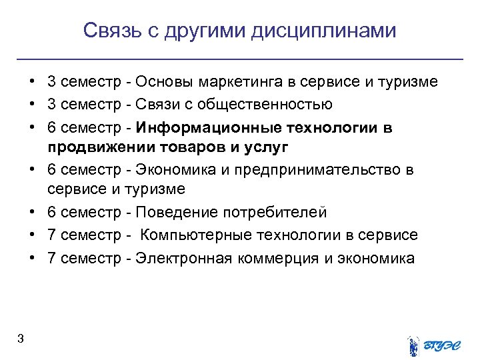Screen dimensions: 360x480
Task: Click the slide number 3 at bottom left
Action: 21,339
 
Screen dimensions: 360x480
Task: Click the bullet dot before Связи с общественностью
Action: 32,105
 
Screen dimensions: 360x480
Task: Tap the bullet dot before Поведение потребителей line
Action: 32,213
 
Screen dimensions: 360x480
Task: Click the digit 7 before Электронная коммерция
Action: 51,258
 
